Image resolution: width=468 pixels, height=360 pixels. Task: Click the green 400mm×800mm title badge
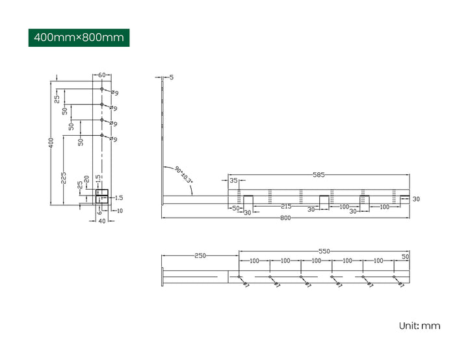(x=79, y=37)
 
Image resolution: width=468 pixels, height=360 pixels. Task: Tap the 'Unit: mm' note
(x=419, y=325)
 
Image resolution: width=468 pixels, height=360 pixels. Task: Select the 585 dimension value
(x=318, y=175)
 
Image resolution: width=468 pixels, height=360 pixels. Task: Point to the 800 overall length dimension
(x=285, y=218)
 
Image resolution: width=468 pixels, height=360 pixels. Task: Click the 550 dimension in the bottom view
(x=323, y=251)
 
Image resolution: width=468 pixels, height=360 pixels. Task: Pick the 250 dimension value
(x=200, y=255)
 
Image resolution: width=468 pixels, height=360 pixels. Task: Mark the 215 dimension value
(x=285, y=206)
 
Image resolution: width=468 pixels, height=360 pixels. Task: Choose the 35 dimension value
(x=233, y=181)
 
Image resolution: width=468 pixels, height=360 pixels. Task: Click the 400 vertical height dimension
(x=51, y=143)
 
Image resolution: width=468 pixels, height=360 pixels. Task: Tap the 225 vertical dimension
(x=64, y=177)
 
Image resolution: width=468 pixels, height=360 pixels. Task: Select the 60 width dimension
(x=102, y=75)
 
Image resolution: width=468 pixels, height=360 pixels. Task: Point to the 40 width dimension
(x=101, y=221)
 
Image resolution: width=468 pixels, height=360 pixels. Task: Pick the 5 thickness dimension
(x=171, y=77)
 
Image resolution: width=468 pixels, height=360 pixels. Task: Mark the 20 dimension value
(x=87, y=179)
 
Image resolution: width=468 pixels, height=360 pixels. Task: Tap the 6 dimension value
(x=99, y=211)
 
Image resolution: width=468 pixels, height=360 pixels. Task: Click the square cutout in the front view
(x=102, y=196)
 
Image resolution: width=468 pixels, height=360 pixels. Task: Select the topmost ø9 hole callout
(x=114, y=93)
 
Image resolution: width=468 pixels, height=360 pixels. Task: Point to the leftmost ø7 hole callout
(x=246, y=285)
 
